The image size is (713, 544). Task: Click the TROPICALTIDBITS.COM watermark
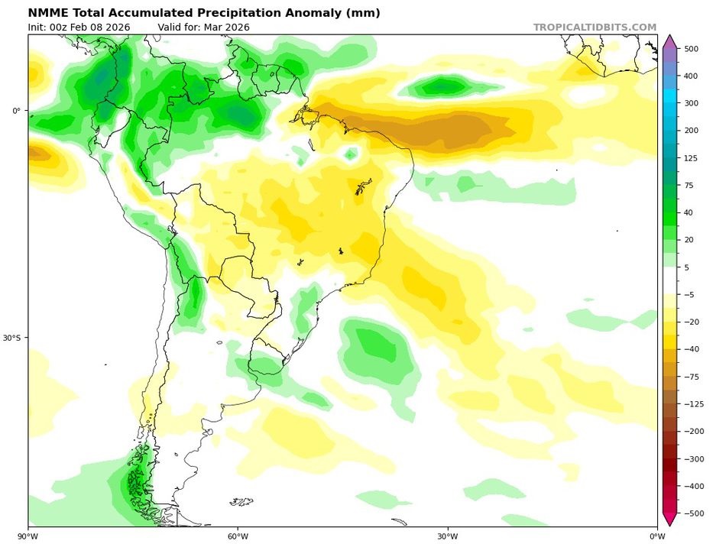pos(595,28)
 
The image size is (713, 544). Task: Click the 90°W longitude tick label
pos(29,535)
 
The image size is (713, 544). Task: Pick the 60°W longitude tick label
pos(238,535)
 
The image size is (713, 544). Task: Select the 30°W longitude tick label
pos(448,535)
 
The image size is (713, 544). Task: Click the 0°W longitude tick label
pos(656,535)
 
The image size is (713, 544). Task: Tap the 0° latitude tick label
pos(17,111)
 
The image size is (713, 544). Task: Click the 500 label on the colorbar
pos(692,49)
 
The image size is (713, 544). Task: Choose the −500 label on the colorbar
pos(694,513)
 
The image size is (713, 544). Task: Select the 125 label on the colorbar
pos(692,158)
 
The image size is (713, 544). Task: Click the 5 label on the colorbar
pos(686,267)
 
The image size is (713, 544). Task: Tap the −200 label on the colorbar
pos(694,432)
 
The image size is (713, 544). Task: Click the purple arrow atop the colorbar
pos(669,41)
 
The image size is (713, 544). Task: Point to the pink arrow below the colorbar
pos(669,520)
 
